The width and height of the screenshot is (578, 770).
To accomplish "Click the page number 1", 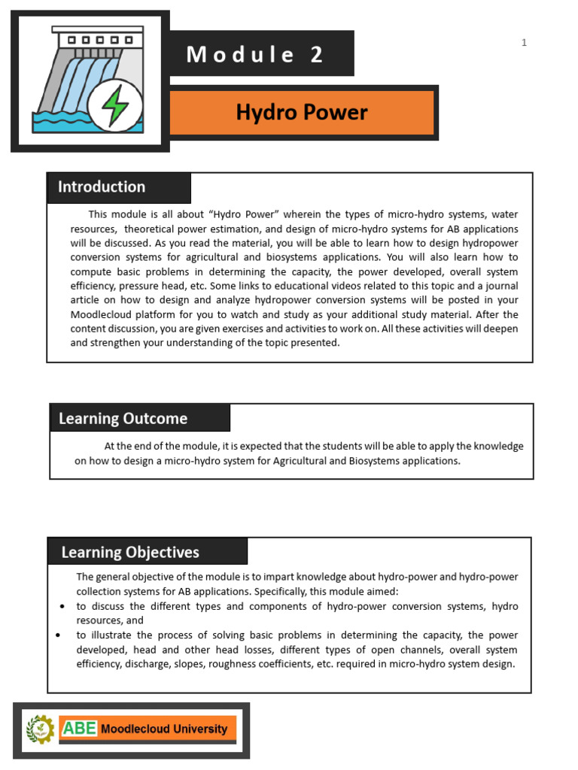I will (524, 43).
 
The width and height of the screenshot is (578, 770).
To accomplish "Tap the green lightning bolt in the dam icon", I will (115, 106).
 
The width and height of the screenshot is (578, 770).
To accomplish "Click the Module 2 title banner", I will (256, 54).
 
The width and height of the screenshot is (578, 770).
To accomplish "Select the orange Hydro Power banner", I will (302, 113).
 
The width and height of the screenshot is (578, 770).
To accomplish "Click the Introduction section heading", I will (102, 187).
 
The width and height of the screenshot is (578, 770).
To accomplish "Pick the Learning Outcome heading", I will (123, 418).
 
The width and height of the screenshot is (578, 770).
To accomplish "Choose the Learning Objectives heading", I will (130, 552).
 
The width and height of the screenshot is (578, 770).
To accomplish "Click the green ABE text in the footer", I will (80, 728).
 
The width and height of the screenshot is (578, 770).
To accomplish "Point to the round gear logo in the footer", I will (41, 729).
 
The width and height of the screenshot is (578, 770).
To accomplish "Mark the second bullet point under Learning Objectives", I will (59, 635).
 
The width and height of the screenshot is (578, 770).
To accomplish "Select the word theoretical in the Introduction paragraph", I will (154, 229).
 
